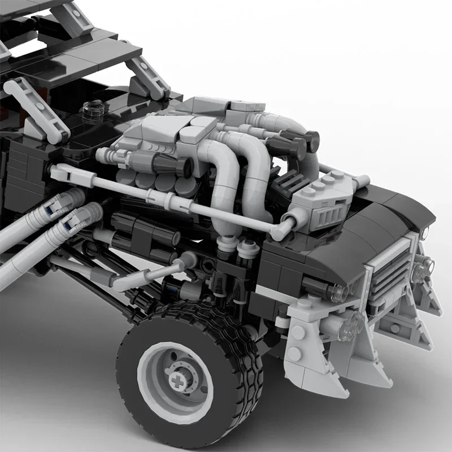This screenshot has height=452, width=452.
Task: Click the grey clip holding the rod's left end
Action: coord(59,171)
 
